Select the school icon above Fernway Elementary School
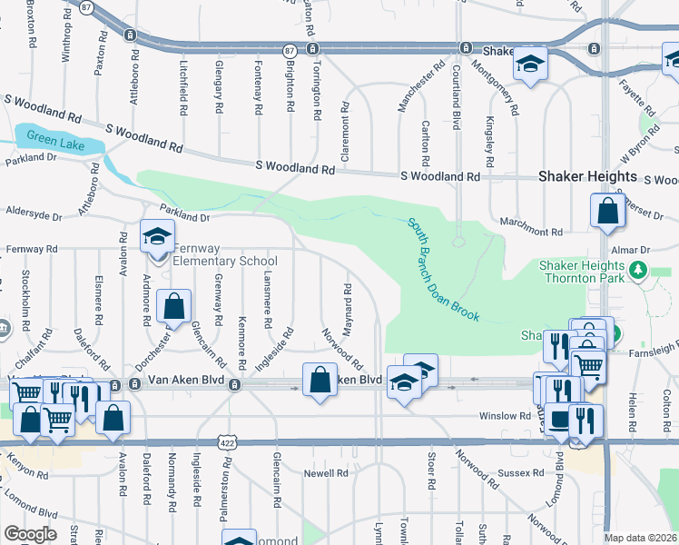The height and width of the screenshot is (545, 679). click(x=157, y=238)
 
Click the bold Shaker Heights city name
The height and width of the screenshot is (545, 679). click(x=587, y=177)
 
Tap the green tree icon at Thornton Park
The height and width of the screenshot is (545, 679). click(x=638, y=270)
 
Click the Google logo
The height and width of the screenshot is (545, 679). click(x=30, y=534)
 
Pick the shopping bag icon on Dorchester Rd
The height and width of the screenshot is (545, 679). click(x=172, y=307)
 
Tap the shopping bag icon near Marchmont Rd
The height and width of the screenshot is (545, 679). click(x=605, y=212)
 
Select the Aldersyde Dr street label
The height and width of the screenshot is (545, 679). click(x=32, y=218)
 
